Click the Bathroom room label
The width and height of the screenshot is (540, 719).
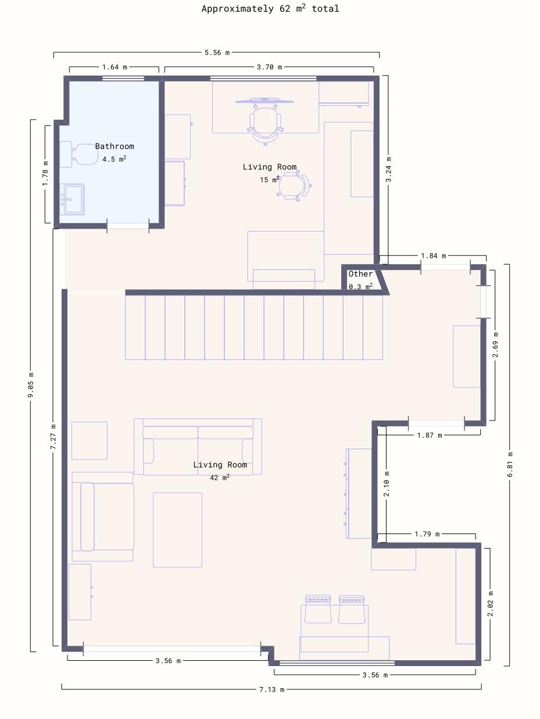115,147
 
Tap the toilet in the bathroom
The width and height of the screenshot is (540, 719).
78,154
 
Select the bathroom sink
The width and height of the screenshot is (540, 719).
72,199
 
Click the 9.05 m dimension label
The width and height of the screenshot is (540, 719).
31,385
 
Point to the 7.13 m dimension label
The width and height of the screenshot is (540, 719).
271,689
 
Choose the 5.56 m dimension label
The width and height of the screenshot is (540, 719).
217,52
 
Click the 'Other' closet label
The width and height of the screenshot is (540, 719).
360,274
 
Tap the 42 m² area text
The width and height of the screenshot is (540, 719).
220,477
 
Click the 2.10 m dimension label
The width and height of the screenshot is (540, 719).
386,484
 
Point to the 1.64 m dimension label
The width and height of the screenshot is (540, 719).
115,67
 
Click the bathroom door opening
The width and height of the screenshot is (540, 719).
128,226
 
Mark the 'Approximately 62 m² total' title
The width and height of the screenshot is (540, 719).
270,9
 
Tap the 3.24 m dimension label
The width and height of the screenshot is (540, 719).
388,169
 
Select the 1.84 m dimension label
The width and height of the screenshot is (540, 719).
433,256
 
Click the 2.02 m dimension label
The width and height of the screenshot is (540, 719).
490,604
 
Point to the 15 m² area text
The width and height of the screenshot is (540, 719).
270,179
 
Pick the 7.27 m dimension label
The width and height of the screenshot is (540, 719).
53,437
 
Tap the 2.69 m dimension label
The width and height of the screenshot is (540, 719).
495,344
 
